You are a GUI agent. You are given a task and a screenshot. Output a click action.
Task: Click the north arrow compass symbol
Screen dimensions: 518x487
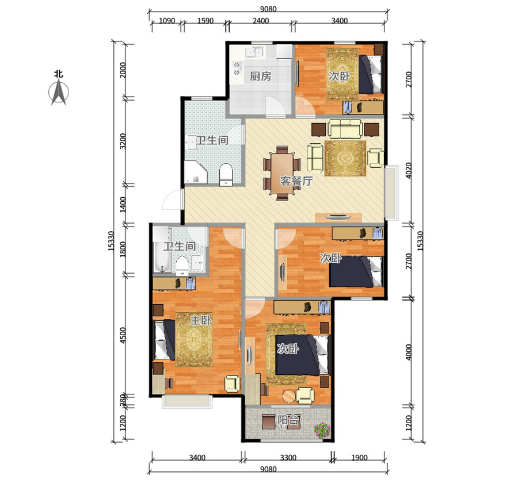tap(59, 93)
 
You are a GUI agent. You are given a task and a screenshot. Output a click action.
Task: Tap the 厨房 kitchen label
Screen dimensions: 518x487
tap(260, 76)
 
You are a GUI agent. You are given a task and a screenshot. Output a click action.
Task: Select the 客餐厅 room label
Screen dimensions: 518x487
tap(296, 181)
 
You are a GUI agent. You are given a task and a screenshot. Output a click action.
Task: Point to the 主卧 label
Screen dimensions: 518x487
tap(200, 320)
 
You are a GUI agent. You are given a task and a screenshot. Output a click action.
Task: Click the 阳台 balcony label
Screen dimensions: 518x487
tap(288, 420)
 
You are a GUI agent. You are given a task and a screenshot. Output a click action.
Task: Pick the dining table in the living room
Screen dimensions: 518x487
tap(282, 173)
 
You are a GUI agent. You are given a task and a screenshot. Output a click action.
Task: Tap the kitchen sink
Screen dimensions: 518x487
tap(254, 52)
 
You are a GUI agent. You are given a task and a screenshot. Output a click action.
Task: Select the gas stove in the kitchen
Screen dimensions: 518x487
tap(237, 68)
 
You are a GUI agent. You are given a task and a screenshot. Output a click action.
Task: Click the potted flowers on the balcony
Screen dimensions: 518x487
tap(322, 430)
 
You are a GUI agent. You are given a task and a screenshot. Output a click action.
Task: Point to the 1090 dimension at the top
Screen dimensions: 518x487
tap(167, 21)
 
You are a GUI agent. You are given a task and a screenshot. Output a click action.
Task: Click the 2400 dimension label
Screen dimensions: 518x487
tap(261, 21)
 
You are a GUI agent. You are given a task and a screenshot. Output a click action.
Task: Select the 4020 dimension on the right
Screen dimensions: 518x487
tap(409, 170)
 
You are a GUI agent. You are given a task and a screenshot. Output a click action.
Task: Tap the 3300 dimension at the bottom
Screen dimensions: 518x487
tap(288, 458)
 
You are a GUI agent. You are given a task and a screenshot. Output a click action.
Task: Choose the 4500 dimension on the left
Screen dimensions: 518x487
tap(123, 336)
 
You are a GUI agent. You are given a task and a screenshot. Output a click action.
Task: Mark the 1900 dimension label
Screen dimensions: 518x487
tap(359, 458)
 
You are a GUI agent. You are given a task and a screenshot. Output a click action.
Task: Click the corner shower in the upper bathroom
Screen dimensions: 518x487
tap(196, 172)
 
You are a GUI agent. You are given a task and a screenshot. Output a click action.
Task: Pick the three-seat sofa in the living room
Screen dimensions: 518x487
tap(345, 129)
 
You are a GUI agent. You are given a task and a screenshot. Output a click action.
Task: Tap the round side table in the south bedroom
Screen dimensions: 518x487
tap(289, 396)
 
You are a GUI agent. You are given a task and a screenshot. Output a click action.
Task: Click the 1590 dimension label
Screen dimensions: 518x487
tap(205, 21)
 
